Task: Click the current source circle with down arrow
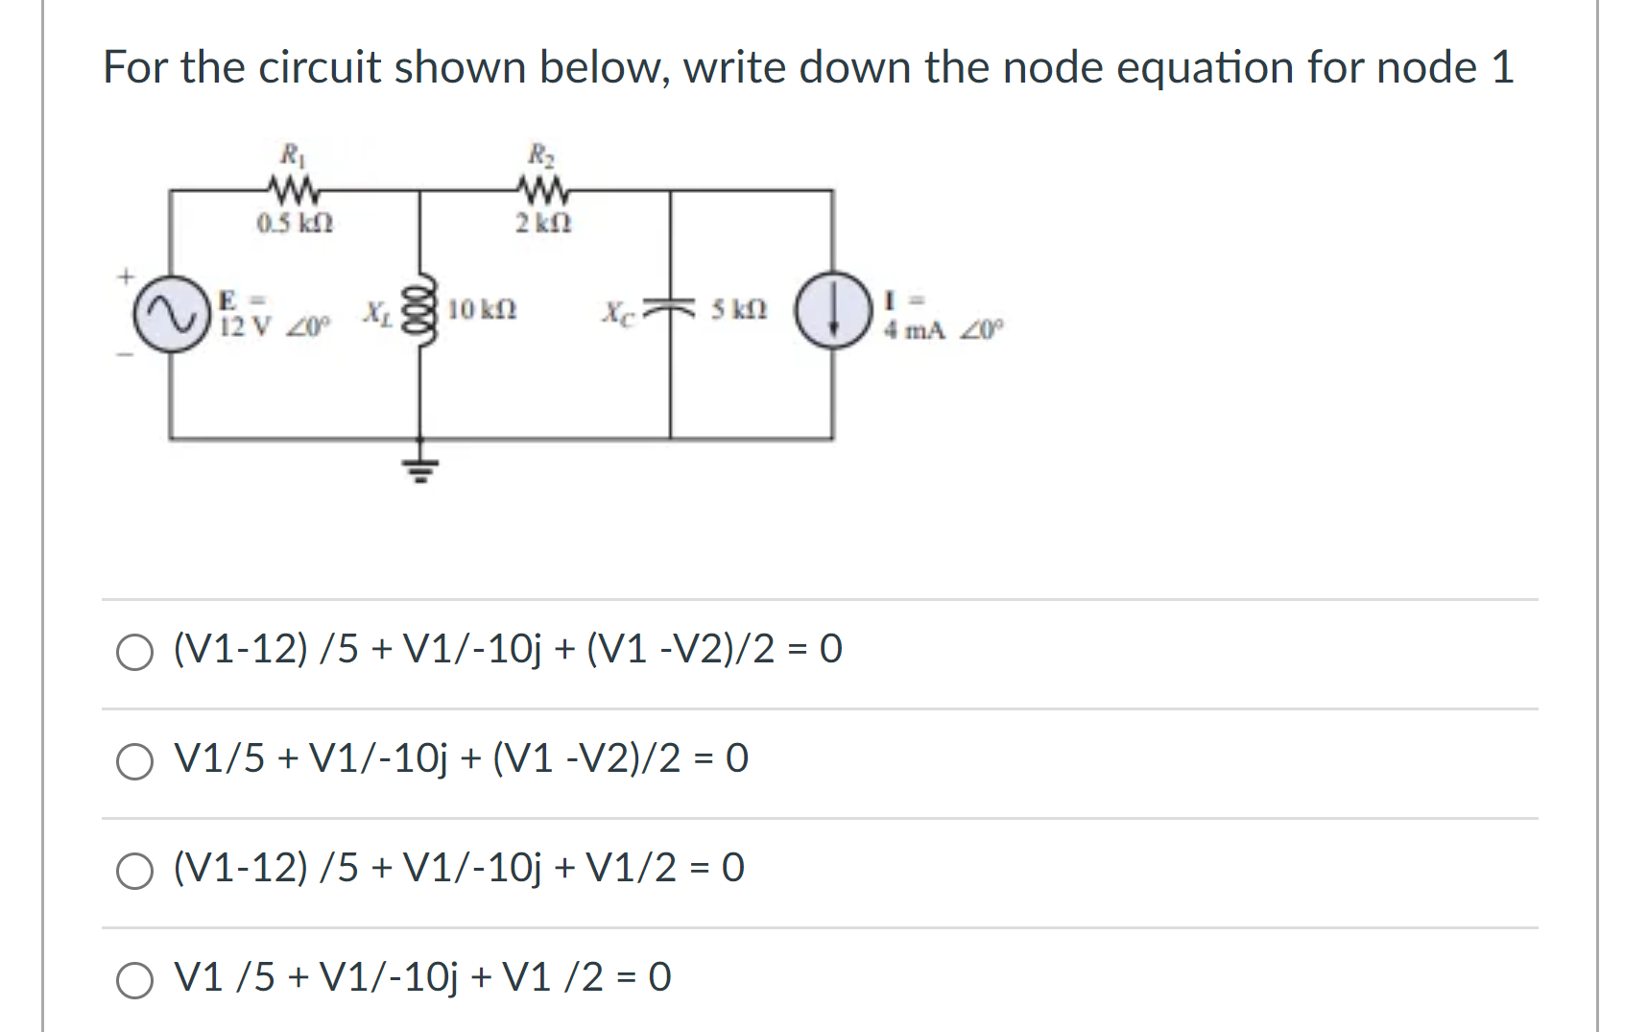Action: tap(833, 310)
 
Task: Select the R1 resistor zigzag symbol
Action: tap(294, 189)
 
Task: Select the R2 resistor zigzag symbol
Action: tap(543, 189)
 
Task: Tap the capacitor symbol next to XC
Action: tap(670, 308)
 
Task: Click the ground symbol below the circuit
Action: tap(419, 468)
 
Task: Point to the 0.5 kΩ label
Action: tap(295, 224)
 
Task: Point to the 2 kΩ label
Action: tap(543, 224)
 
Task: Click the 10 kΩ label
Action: tap(482, 310)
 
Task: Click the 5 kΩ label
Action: tap(738, 310)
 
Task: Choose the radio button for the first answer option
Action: tap(134, 652)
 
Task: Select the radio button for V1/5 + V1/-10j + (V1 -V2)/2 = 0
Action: tap(134, 761)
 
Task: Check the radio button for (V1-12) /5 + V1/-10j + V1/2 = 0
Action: tap(134, 871)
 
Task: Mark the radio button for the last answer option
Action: tap(134, 980)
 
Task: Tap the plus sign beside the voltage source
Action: tap(125, 277)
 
